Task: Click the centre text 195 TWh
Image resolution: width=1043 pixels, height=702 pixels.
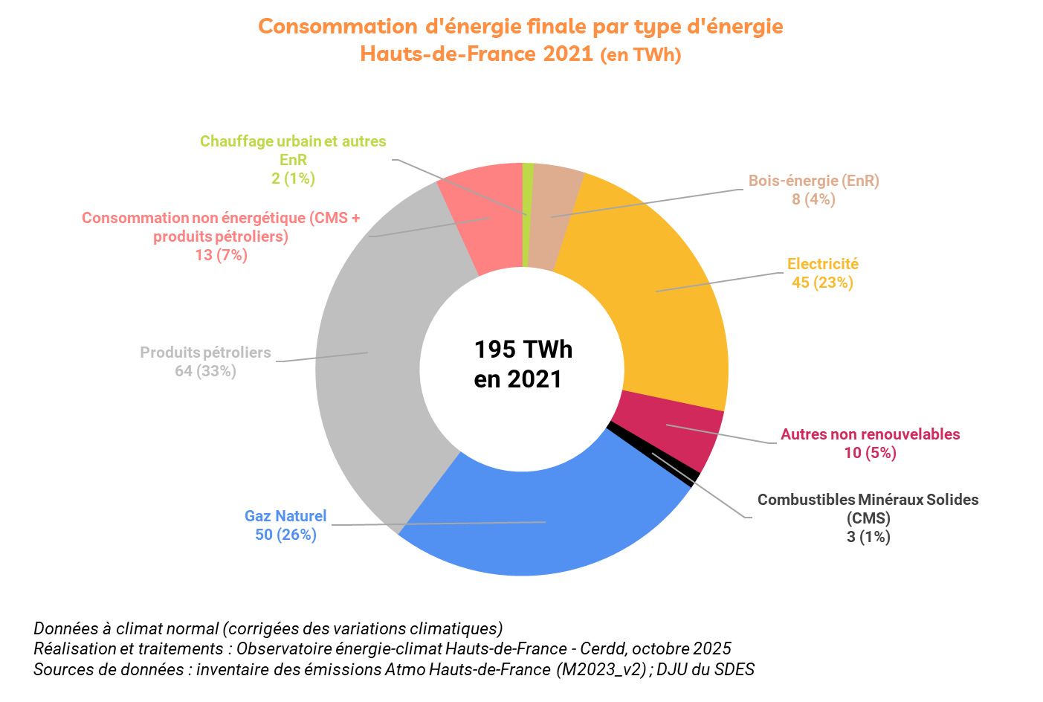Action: (523, 350)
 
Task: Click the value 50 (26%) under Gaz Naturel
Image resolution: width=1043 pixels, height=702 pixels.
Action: (285, 535)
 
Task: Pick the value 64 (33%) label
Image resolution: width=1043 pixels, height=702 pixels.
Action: (205, 370)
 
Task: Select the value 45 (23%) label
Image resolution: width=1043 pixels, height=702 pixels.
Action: (822, 283)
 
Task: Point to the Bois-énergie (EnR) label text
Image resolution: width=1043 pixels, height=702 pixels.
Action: (813, 181)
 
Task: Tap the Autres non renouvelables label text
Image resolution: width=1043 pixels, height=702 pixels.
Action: (870, 434)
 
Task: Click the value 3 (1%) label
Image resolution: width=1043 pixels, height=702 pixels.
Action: (868, 537)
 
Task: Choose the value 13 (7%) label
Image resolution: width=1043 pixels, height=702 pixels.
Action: (221, 255)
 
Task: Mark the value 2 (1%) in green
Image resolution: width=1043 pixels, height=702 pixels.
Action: (293, 178)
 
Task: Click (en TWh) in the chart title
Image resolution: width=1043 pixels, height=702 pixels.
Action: (640, 55)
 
